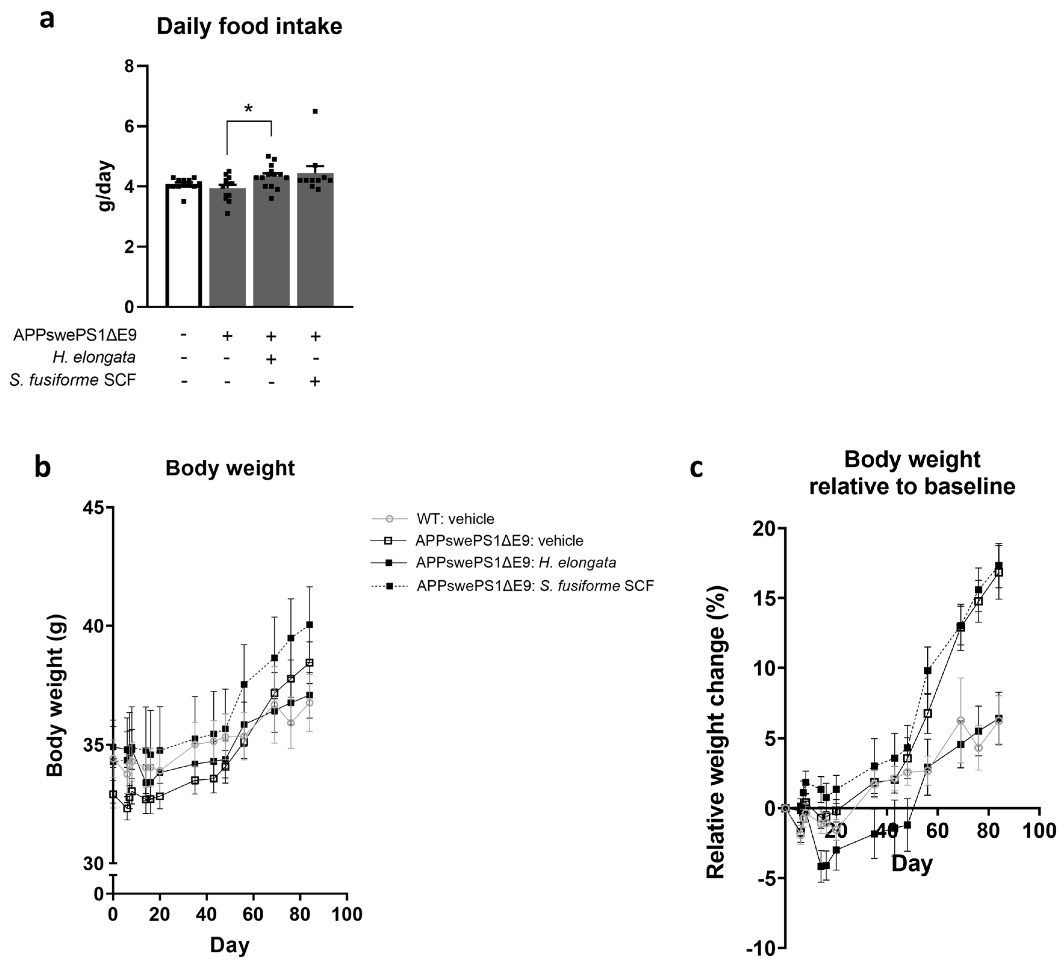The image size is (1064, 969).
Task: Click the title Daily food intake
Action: click(249, 26)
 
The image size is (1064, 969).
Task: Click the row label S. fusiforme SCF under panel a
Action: click(73, 380)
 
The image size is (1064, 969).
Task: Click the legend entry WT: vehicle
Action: click(455, 519)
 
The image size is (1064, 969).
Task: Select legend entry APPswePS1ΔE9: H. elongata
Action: click(516, 563)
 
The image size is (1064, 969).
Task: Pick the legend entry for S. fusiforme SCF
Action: click(535, 586)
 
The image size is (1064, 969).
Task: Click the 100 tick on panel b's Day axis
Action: click(347, 914)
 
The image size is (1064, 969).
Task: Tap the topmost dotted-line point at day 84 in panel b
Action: click(310, 624)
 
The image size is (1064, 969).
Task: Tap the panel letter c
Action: click(697, 467)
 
